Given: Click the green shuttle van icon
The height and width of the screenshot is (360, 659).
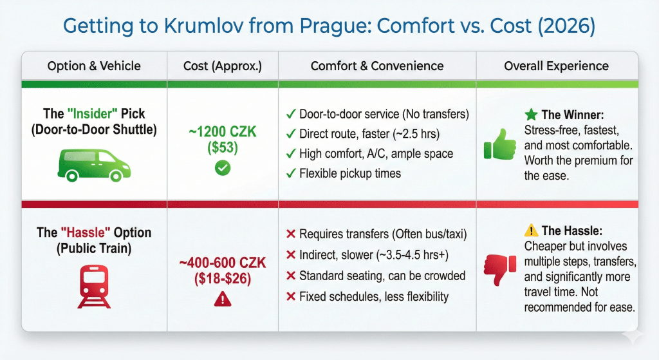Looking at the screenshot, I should coord(94,162).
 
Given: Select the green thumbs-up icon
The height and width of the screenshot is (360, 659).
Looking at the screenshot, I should coord(499,144).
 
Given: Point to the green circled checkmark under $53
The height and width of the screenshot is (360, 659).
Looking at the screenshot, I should coord(223,169).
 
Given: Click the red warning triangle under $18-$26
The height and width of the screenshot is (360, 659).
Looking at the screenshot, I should coord(223,298).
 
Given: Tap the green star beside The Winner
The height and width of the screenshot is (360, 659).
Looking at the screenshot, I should coord(531,115).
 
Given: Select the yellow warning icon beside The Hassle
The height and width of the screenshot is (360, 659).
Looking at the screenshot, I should coord(532,231).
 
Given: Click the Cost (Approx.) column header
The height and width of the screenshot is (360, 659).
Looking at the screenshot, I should coord(223,66).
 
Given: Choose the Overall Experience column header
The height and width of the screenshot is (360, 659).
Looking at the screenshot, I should coord(556,66).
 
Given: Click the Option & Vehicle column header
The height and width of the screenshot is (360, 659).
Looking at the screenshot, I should coord(94,66).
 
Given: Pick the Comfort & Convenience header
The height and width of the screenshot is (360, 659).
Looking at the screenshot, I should coord(377,66).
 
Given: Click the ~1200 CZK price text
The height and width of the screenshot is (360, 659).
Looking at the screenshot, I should coord(223,133).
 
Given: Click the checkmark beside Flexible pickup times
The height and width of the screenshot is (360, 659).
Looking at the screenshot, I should coord(290,174).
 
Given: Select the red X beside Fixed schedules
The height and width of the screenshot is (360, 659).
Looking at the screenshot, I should coord(290,296).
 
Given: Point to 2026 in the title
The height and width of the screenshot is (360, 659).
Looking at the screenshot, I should coord(567,27).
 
